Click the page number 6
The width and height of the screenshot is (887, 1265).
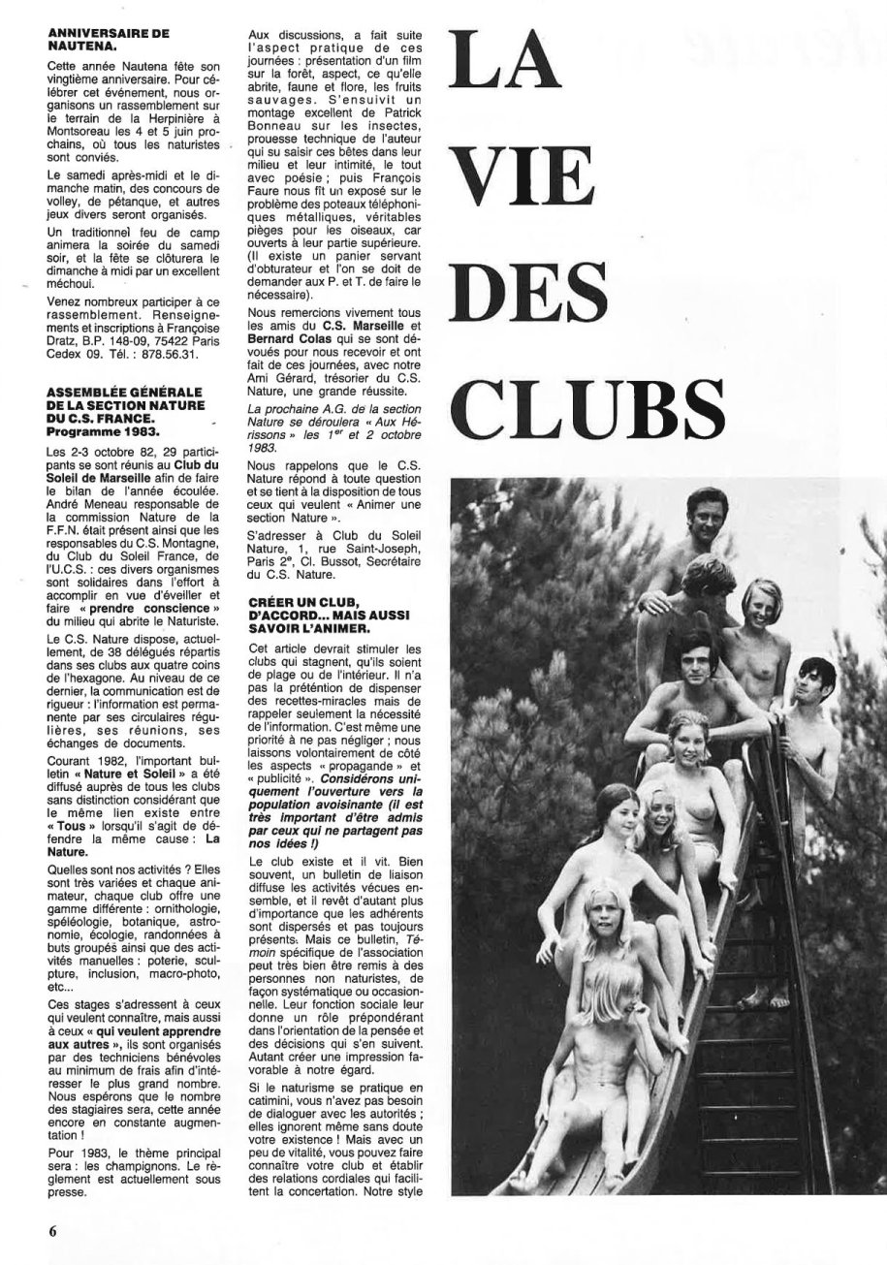point(54,1232)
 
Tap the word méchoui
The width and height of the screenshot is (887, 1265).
point(76,286)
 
